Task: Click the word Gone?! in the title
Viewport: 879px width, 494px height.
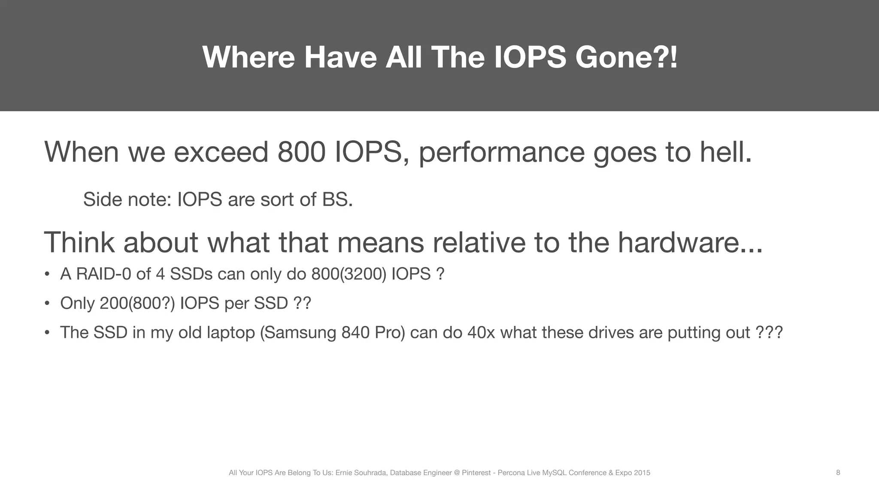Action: coord(626,57)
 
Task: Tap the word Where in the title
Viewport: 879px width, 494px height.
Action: coord(249,57)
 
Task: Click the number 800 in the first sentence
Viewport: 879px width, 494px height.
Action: coord(301,152)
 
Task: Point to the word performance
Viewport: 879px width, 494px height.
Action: coord(501,153)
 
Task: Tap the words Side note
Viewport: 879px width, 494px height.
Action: coord(127,199)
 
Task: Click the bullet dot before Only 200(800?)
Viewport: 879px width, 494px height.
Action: coord(47,304)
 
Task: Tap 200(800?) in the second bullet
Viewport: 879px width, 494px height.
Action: coord(137,303)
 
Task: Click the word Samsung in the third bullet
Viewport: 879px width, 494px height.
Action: coord(298,333)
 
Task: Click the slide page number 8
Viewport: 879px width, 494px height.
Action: coord(838,473)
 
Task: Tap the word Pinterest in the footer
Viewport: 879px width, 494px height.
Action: coord(476,473)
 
